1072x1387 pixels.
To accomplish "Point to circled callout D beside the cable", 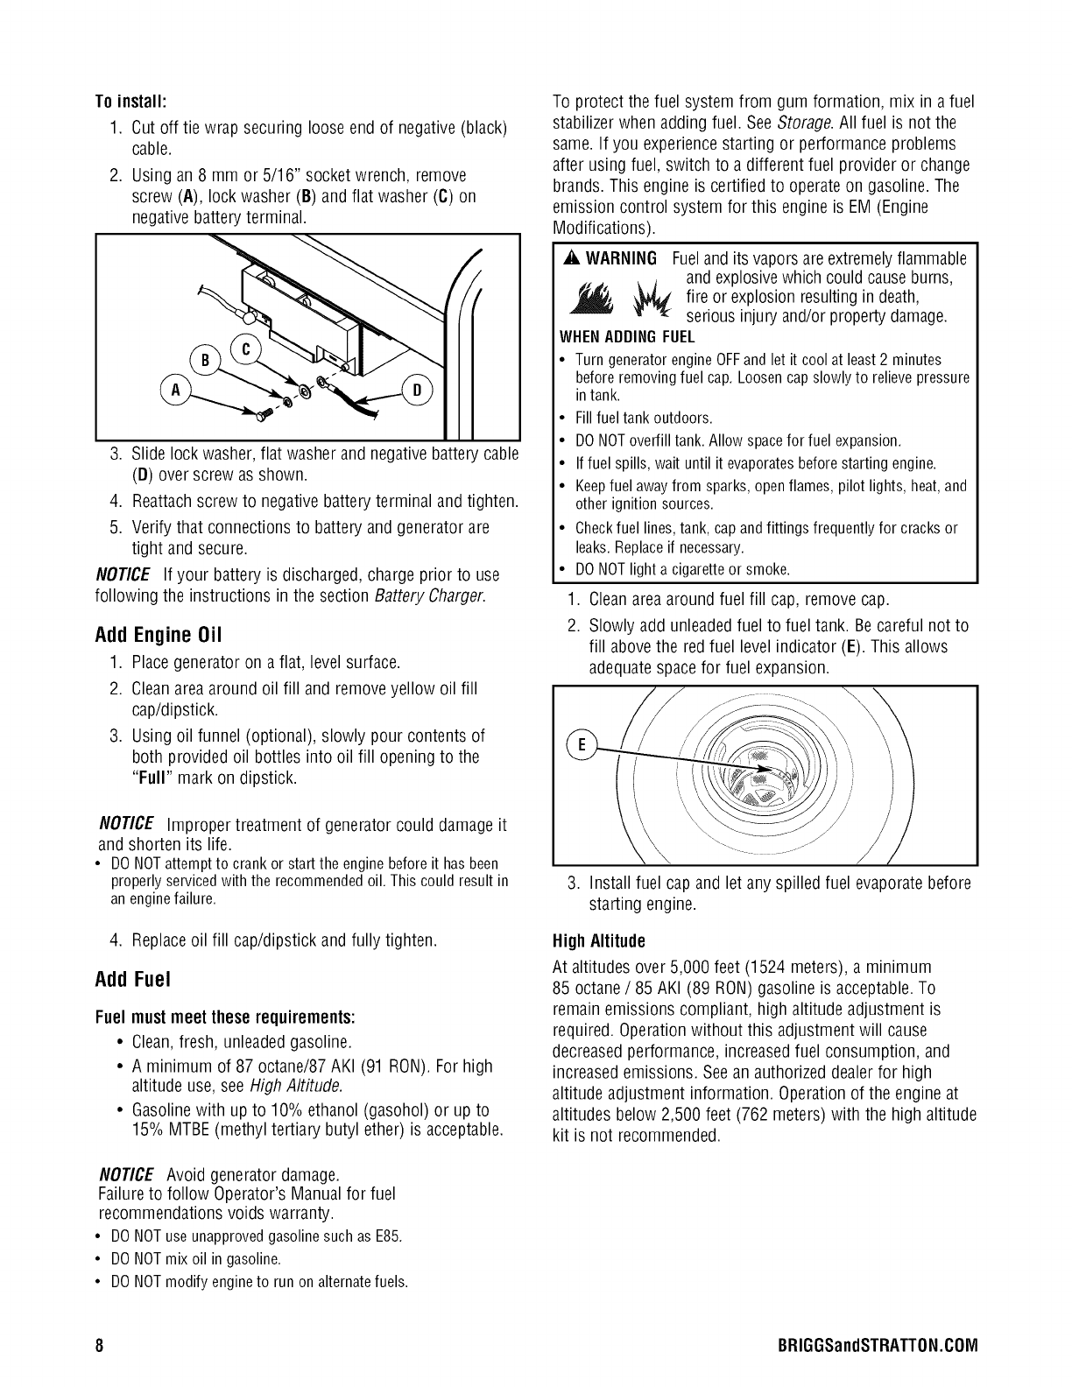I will coord(417,391).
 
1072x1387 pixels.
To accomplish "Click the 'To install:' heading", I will coord(130,96).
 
